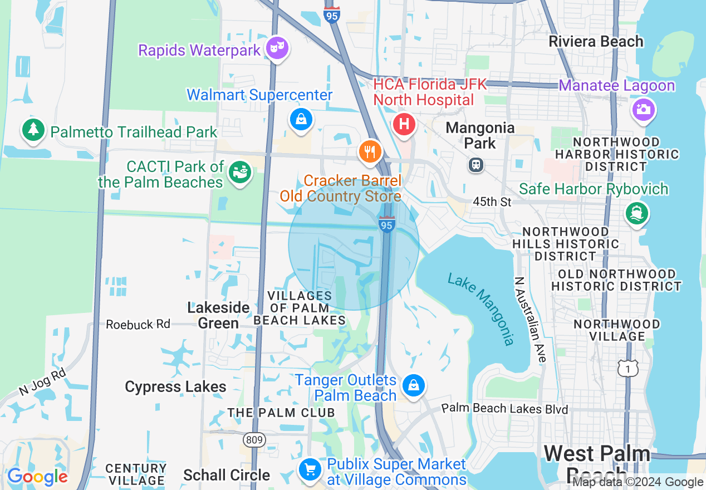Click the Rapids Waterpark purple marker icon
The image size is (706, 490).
pos(276,48)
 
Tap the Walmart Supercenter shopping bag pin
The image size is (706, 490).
pos(301,119)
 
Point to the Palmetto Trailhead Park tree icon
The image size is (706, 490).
pos(33,130)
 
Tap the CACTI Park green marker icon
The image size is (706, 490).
pos(240,173)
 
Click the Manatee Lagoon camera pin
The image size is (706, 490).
pos(643,109)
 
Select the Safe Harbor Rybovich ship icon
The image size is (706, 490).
pos(636,213)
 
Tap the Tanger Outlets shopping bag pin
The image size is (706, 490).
pos(414,385)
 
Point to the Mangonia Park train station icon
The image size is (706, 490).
pos(476,165)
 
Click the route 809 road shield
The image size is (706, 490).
pos(254,440)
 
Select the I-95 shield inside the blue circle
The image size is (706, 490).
pos(386,224)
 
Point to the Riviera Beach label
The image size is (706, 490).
pos(596,41)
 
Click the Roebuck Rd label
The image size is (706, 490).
pos(138,324)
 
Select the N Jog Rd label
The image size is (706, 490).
pos(42,382)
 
